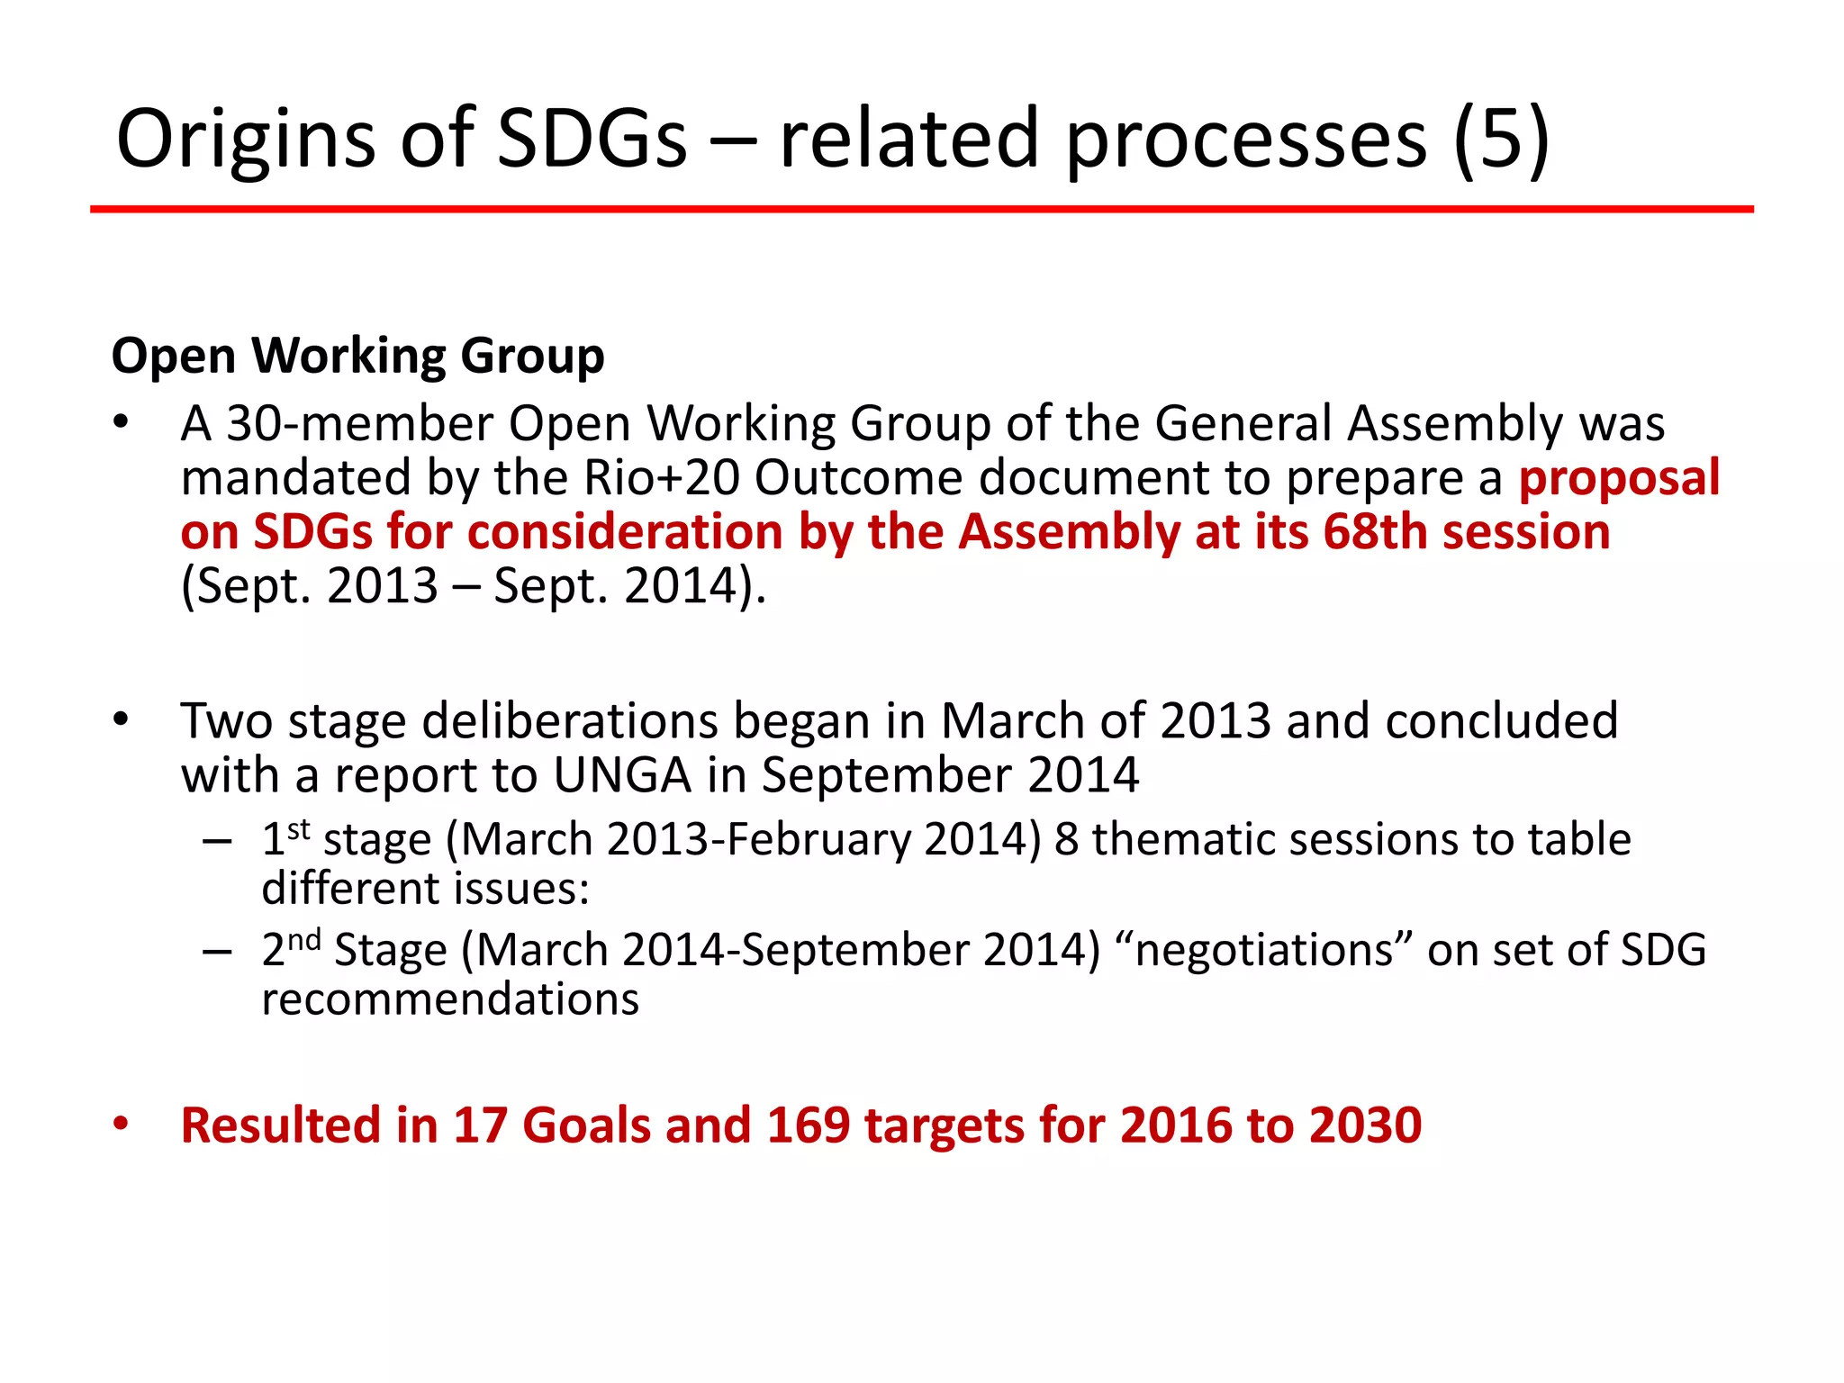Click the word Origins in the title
(x=246, y=140)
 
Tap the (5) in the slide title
(x=1501, y=140)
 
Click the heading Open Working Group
(x=357, y=356)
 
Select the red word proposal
(x=1619, y=477)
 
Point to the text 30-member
(x=359, y=423)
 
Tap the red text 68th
(x=1375, y=531)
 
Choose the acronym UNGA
(x=622, y=775)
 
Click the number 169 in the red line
(x=808, y=1125)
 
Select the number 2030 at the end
(x=1365, y=1125)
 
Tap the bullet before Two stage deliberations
(x=122, y=719)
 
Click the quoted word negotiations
(x=1263, y=950)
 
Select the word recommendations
(x=450, y=999)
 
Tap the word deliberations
(x=570, y=721)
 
